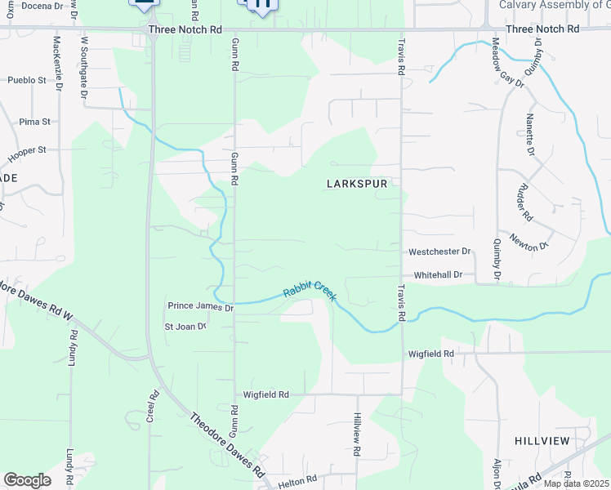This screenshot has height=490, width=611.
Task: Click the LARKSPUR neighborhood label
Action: [356, 184]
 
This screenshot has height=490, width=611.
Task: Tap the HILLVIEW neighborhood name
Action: [542, 440]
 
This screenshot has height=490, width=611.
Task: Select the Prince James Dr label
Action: [201, 306]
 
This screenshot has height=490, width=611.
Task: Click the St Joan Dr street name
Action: [185, 327]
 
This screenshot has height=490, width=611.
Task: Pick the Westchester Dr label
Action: [440, 252]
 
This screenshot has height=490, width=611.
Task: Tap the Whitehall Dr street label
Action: [438, 275]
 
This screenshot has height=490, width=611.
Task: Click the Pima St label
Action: [35, 122]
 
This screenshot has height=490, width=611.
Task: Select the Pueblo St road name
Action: [28, 80]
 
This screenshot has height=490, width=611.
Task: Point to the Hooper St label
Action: [27, 154]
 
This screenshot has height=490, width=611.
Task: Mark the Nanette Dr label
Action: [530, 136]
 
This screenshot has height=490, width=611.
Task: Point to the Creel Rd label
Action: [153, 406]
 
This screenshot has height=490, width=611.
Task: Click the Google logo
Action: [27, 480]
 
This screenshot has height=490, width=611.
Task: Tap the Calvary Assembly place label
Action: [555, 5]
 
